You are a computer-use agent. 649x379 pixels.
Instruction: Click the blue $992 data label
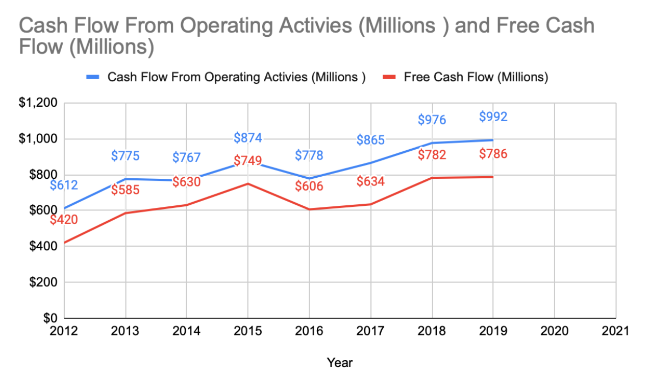(493, 117)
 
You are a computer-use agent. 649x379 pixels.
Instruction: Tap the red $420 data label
(64, 220)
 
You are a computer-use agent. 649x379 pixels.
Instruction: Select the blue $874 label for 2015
(248, 137)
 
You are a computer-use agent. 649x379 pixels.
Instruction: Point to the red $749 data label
(248, 161)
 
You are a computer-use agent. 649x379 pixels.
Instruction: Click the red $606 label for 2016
(309, 186)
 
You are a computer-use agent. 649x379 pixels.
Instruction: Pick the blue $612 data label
(64, 185)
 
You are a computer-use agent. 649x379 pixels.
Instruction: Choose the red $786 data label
(493, 154)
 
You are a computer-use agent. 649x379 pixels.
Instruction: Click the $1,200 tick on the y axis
(39, 103)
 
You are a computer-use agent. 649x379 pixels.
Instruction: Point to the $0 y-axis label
(51, 318)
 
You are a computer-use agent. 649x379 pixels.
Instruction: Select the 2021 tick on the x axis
(615, 331)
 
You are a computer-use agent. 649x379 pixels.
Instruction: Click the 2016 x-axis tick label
(309, 331)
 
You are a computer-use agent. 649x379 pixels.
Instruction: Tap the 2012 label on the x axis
(64, 331)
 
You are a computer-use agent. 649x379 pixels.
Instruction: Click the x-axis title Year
(340, 363)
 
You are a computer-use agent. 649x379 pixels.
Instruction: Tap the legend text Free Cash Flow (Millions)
(476, 78)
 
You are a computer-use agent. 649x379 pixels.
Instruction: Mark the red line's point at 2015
(248, 183)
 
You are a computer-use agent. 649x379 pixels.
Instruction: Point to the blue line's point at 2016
(309, 179)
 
